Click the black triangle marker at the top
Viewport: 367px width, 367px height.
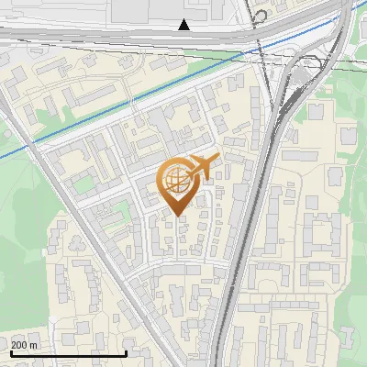(x=184, y=25)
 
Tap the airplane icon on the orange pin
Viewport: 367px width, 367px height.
(x=204, y=167)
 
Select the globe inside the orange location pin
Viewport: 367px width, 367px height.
(x=174, y=180)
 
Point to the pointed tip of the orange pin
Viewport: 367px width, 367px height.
(x=174, y=215)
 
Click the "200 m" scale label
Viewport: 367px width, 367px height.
(x=24, y=345)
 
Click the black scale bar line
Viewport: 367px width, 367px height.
(x=68, y=353)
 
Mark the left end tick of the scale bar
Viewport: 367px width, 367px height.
(x=10, y=351)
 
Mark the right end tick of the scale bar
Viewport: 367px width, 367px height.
(x=126, y=351)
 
